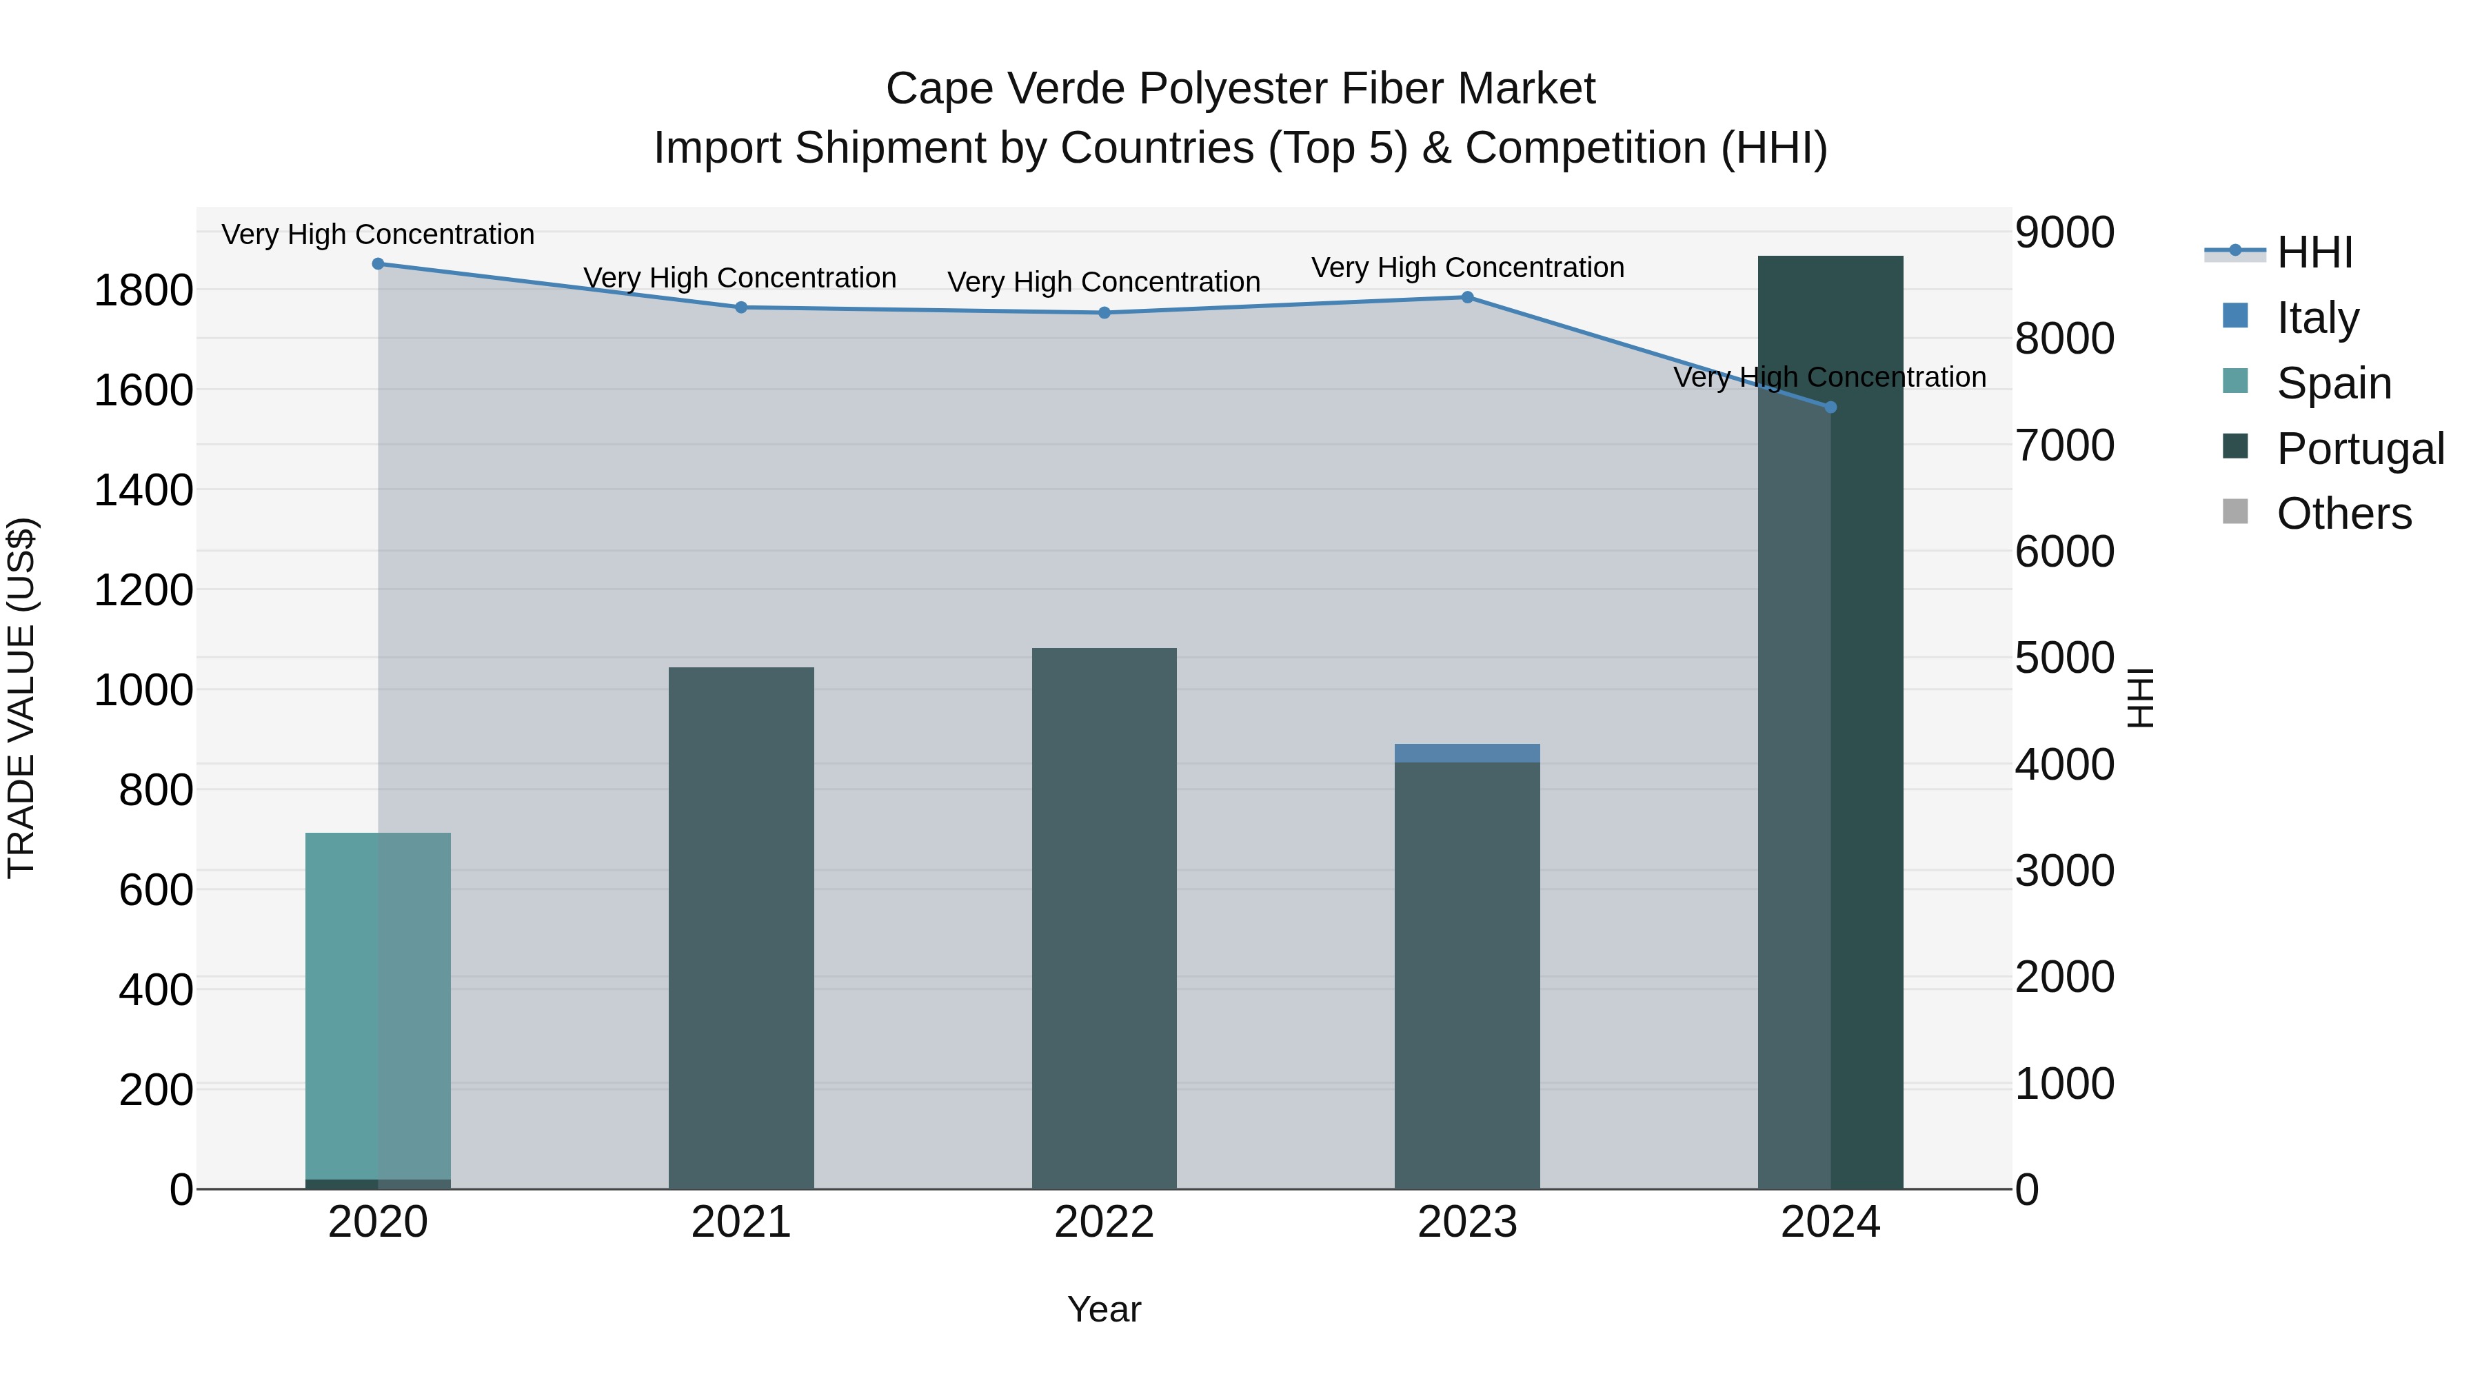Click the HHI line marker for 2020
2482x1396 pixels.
pyautogui.click(x=378, y=264)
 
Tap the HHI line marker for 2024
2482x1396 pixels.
pyautogui.click(x=1830, y=407)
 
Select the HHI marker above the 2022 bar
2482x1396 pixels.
pyautogui.click(x=1104, y=313)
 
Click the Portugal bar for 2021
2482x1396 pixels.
pyautogui.click(x=741, y=925)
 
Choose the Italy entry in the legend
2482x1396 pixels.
pyautogui.click(x=2317, y=317)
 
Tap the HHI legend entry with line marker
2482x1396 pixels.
pyautogui.click(x=2312, y=252)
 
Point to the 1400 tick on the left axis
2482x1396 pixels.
pyautogui.click(x=143, y=490)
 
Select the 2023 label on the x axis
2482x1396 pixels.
pyautogui.click(x=1466, y=1222)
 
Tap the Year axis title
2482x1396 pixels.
pyautogui.click(x=1104, y=1309)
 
